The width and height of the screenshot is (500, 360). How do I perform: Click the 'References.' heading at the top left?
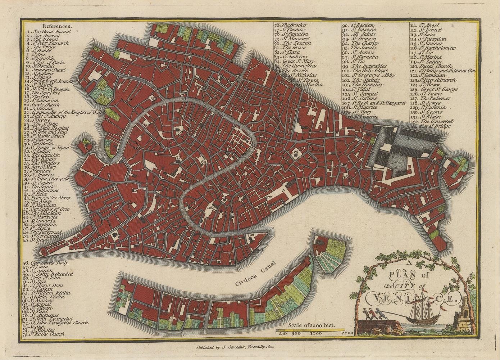tap(57, 26)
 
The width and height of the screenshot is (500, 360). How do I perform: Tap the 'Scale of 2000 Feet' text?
tap(312, 325)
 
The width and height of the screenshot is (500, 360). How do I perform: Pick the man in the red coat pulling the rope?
tap(376, 313)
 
